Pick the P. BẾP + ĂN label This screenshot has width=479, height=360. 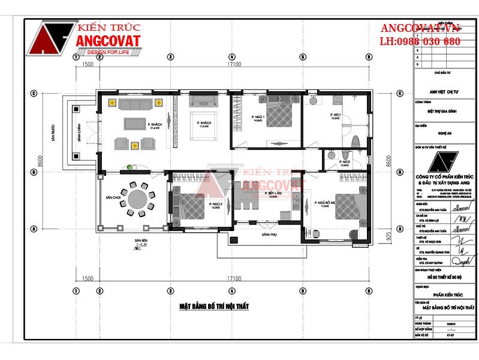tap(273, 194)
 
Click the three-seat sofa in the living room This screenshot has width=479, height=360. tap(135, 105)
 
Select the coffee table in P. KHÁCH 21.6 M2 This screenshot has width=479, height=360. tap(134, 124)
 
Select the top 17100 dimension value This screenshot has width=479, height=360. tap(233, 64)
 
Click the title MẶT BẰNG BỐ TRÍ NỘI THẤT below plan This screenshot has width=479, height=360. tap(214, 307)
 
